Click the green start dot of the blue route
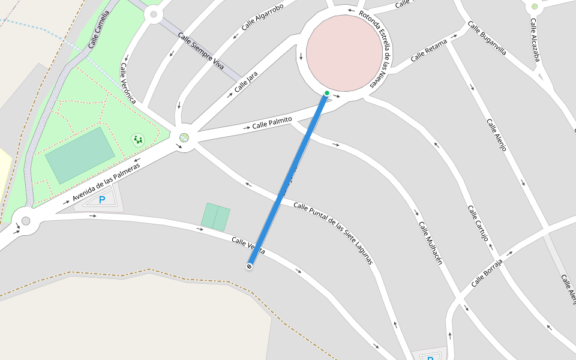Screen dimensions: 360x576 pyautogui.click(x=326, y=93)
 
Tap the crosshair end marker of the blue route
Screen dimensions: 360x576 pyautogui.click(x=249, y=266)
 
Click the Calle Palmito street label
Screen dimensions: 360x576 pyautogui.click(x=272, y=123)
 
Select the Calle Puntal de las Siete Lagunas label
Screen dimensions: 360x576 pyautogui.click(x=333, y=233)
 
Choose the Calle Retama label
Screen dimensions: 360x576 pyautogui.click(x=429, y=50)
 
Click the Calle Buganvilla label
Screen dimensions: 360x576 pyautogui.click(x=487, y=38)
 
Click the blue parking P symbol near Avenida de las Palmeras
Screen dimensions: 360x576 pyautogui.click(x=102, y=200)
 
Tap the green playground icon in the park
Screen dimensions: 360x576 pyautogui.click(x=138, y=140)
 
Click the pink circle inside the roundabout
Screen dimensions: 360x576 pyautogui.click(x=344, y=53)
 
